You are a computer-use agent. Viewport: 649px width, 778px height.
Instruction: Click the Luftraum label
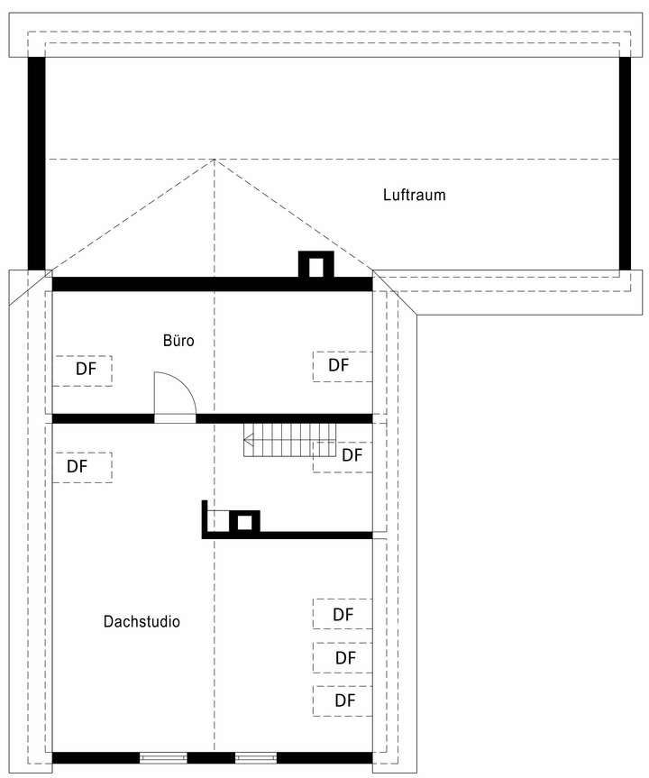[414, 195]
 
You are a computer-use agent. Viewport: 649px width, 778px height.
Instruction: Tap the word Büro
[178, 341]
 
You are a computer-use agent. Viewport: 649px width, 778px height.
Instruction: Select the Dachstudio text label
[142, 621]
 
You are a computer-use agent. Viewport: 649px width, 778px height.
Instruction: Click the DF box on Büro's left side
[83, 370]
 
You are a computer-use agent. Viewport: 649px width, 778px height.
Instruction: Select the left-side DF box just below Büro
[82, 467]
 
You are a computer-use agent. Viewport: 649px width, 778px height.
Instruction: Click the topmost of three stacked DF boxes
[343, 614]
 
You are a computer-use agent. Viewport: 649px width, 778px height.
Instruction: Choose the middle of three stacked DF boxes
[343, 657]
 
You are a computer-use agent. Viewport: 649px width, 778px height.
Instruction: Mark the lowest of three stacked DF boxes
[343, 700]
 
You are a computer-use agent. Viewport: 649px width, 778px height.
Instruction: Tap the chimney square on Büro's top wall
[316, 266]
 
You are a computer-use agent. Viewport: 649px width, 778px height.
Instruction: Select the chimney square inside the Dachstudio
[243, 522]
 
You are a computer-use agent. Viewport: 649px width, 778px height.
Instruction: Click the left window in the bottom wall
[163, 757]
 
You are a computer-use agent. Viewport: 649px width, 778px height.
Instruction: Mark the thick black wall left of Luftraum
[36, 162]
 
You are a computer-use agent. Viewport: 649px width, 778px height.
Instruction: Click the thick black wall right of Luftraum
[626, 162]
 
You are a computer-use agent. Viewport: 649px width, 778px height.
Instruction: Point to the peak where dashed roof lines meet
[214, 160]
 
